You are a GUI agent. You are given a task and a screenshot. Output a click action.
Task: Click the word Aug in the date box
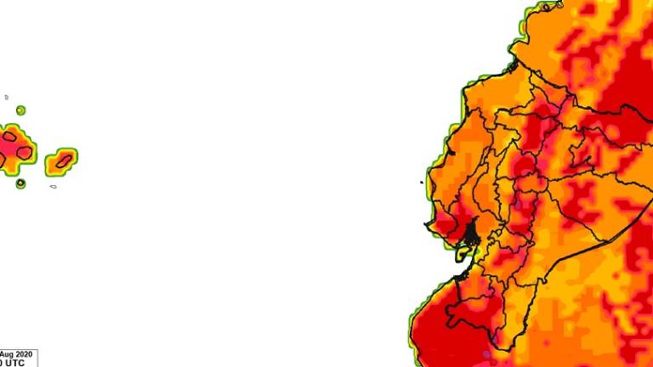tap(7, 354)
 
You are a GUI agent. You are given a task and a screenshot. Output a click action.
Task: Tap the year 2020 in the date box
tap(25, 354)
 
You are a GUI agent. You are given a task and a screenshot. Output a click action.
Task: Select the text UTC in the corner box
tap(14, 363)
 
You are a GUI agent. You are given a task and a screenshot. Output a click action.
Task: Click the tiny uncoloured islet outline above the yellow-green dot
tap(6, 97)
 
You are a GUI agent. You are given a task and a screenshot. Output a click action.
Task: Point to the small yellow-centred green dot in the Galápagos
tap(20, 110)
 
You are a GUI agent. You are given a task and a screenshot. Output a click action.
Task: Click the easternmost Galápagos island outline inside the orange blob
tap(62, 159)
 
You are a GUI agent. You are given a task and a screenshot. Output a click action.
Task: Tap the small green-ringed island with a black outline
tap(20, 183)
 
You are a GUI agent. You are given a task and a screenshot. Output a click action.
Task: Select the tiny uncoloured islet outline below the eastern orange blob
tap(53, 186)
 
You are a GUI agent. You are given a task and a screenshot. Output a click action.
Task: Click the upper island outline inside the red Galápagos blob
tap(10, 135)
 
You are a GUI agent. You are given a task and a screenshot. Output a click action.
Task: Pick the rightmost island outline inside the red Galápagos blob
tap(25, 153)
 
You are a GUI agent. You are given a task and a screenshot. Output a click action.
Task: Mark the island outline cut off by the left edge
tap(2, 159)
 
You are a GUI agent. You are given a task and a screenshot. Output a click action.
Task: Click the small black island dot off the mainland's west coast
tap(423, 181)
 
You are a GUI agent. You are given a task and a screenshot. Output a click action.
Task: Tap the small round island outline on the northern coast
tap(513, 64)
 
